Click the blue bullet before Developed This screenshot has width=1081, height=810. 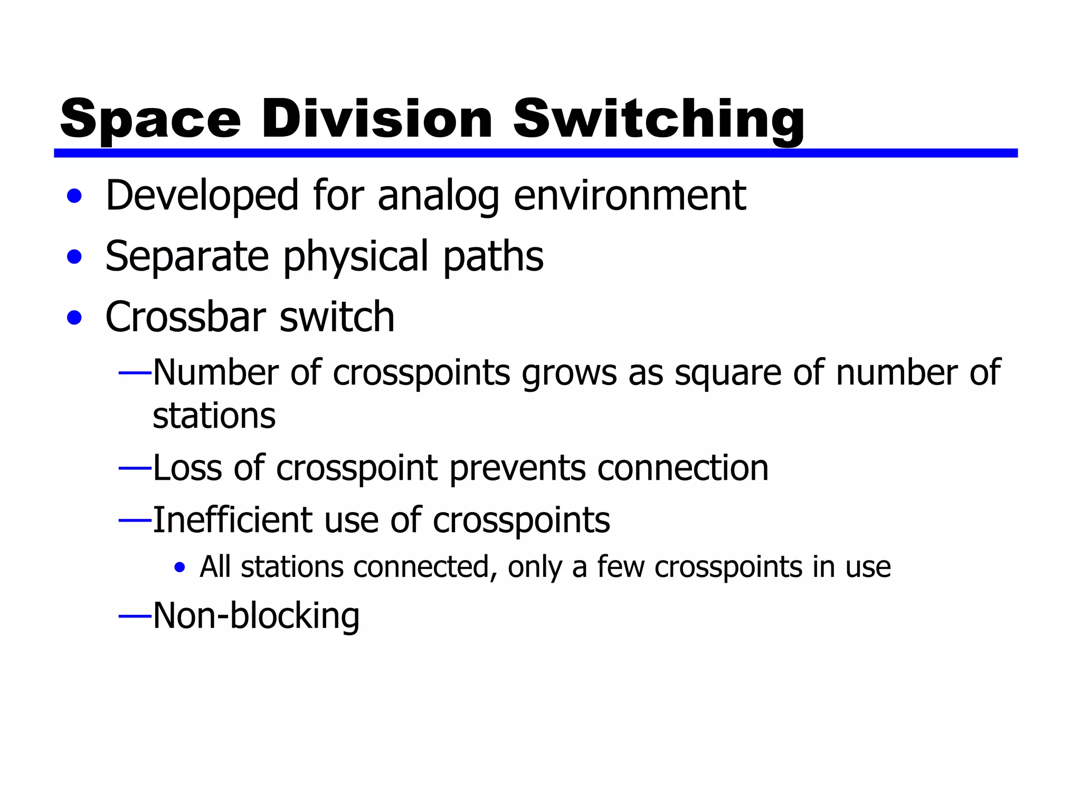[74, 197]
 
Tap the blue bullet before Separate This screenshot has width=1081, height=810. [74, 257]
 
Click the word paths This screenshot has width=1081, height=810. [493, 256]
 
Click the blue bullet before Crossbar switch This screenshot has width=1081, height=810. [74, 318]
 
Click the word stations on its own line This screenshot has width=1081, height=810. [214, 416]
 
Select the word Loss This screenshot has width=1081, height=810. [187, 468]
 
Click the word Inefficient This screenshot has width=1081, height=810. [233, 520]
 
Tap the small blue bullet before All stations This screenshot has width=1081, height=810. [180, 568]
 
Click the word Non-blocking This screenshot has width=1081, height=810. [256, 615]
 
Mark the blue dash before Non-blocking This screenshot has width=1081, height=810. [135, 615]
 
